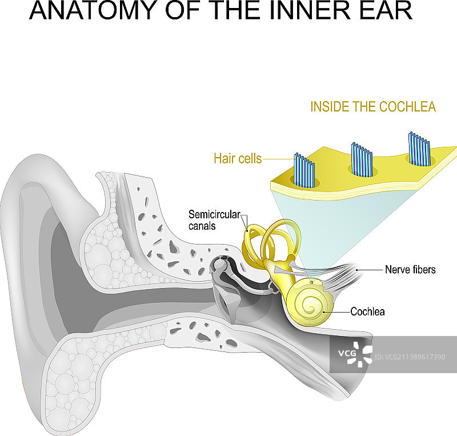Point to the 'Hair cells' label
coord(238,158)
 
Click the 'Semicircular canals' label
coord(210,220)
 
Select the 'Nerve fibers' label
coord(410,269)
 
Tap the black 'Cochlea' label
coord(367,312)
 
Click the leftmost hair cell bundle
coord(304,171)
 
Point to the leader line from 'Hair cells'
coord(278,159)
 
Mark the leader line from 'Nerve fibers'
coord(371,269)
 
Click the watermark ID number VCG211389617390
coord(409,357)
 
